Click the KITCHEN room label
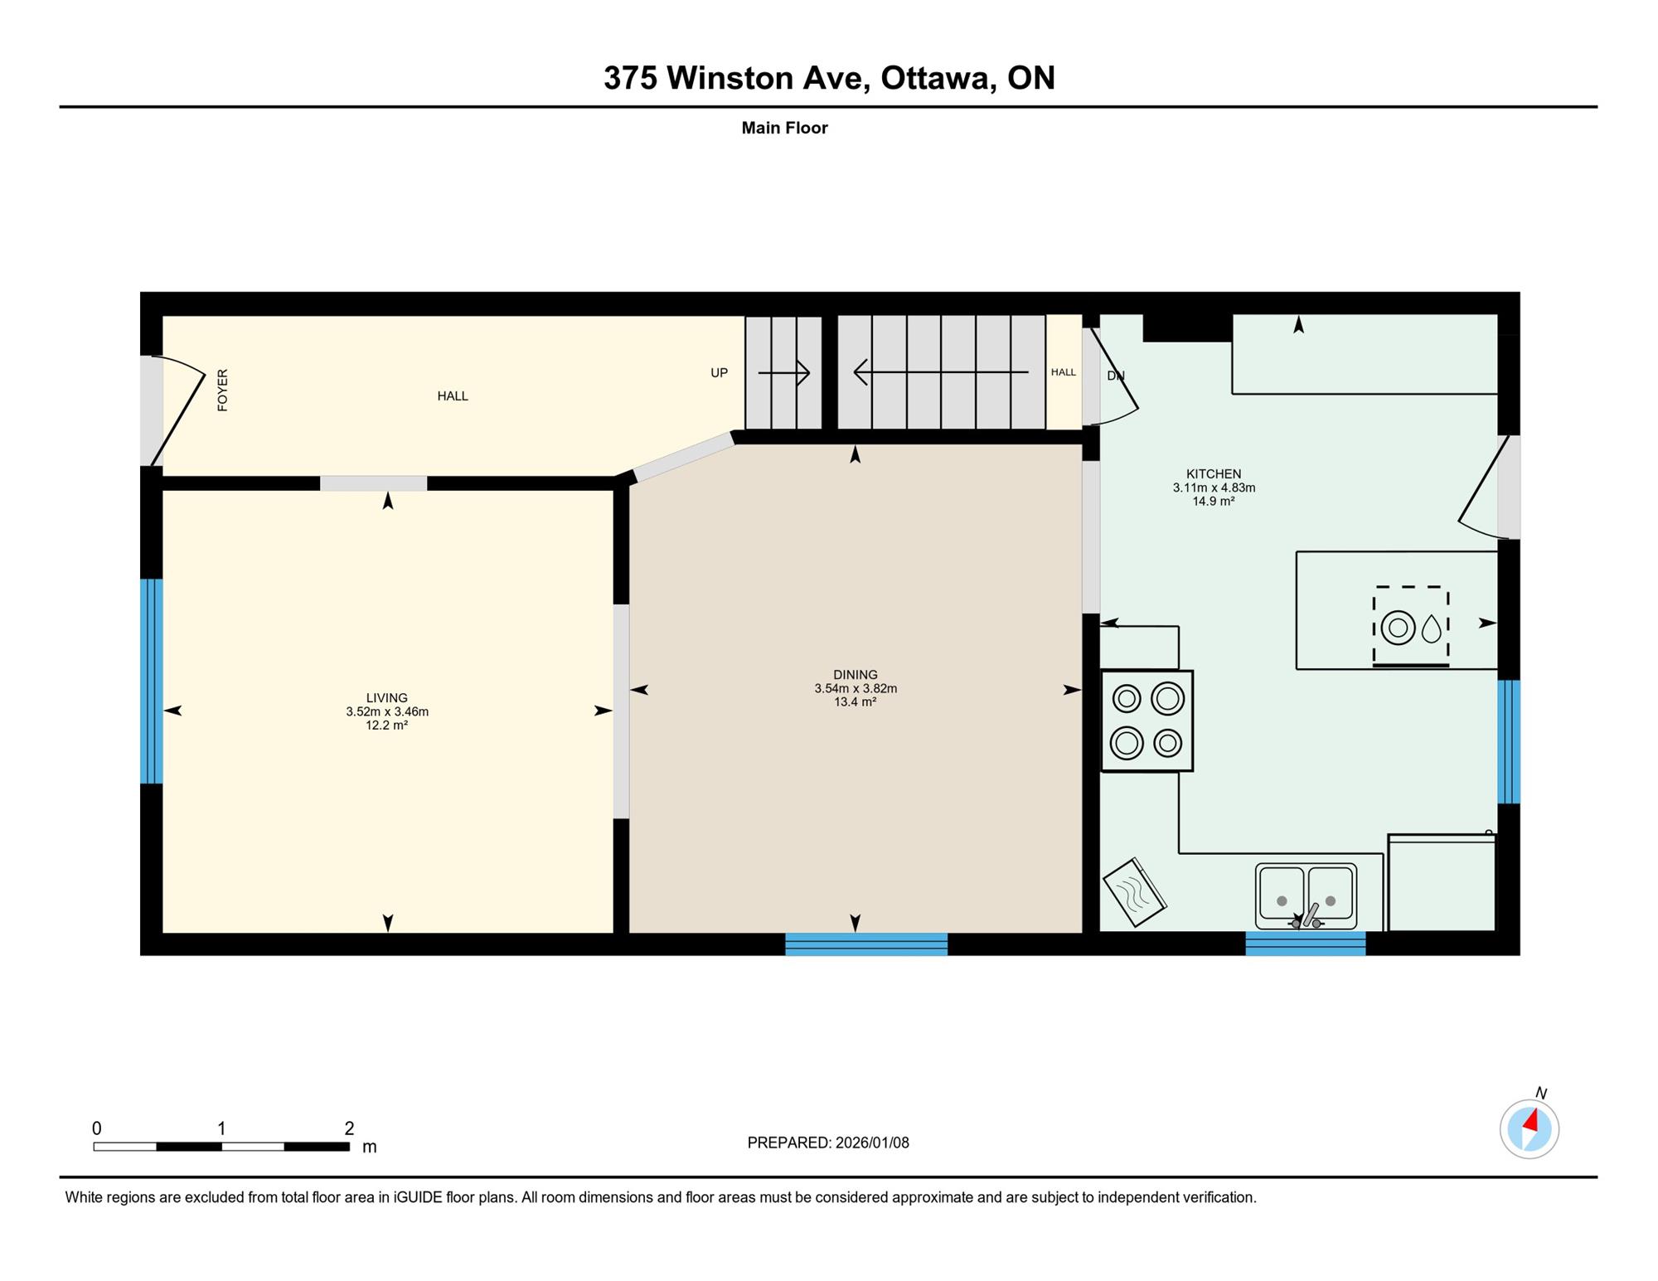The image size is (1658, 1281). click(1214, 474)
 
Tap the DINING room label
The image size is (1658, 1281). click(856, 675)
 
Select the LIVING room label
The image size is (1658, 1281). click(387, 698)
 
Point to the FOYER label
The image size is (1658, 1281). click(222, 391)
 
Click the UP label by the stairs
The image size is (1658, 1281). click(719, 373)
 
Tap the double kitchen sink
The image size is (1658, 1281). click(1306, 896)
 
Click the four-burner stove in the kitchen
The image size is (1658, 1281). click(1147, 721)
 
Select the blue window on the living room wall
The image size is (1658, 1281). click(151, 681)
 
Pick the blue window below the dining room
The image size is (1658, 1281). click(866, 944)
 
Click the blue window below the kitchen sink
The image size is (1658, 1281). click(1306, 944)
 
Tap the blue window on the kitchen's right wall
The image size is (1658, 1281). click(1509, 742)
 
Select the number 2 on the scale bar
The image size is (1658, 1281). click(349, 1128)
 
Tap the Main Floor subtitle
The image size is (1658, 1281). click(784, 128)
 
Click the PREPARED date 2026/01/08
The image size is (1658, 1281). click(872, 1143)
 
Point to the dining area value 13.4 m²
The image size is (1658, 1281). click(856, 702)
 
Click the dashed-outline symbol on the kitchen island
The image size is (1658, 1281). click(1411, 626)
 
